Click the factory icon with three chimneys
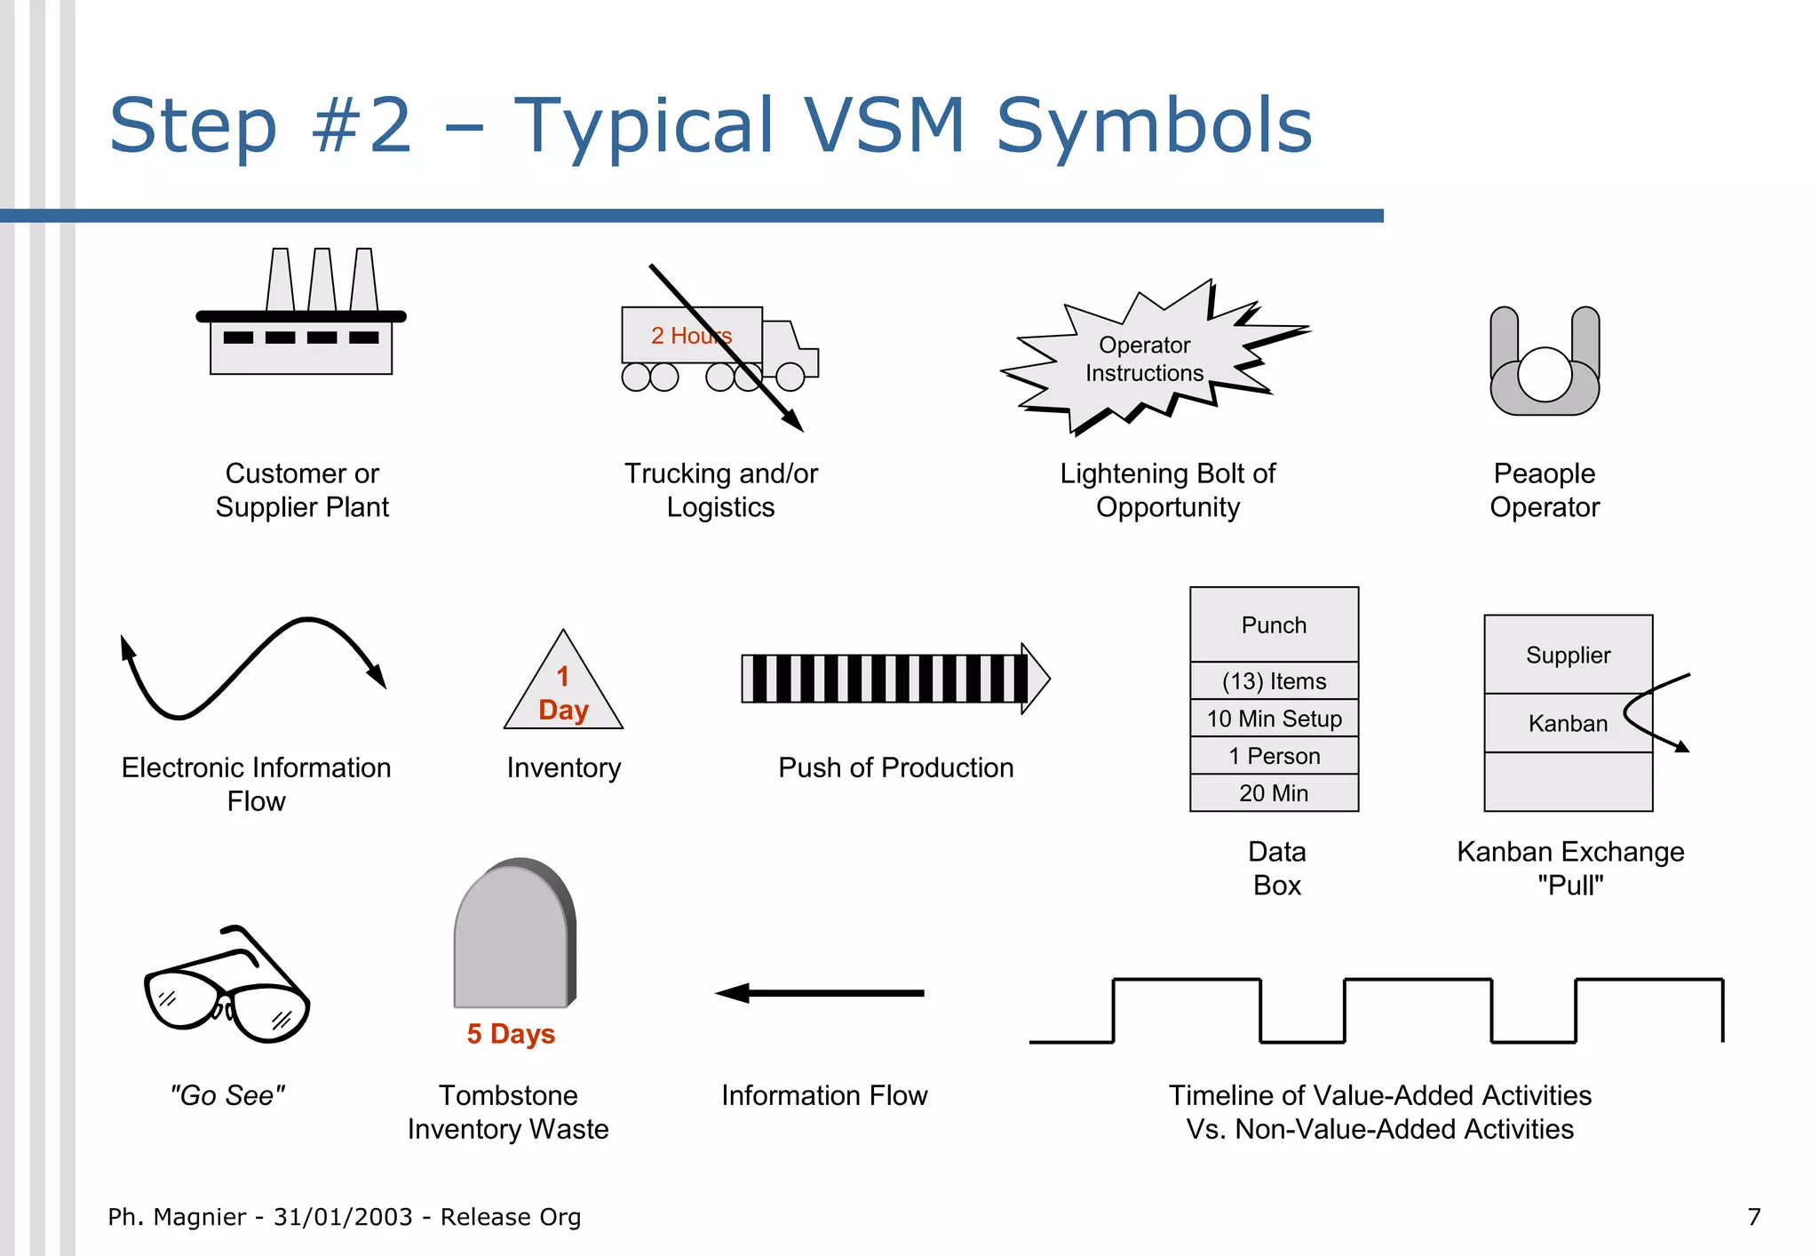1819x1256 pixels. [300, 320]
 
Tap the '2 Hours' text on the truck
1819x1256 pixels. [691, 336]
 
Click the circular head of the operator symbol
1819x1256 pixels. [1545, 374]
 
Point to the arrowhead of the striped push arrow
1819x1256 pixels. [1036, 679]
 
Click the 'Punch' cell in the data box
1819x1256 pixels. [1274, 625]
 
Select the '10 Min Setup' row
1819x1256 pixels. [1274, 719]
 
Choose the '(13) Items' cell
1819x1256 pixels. [1274, 681]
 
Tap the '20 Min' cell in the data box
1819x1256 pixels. [1274, 793]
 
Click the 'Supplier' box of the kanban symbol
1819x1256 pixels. [1568, 655]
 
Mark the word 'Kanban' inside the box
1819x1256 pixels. [1568, 724]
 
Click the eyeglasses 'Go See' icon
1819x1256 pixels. [227, 990]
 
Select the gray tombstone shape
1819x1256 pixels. [513, 938]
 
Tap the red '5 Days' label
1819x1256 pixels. [511, 1034]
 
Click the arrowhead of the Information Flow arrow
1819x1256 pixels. [734, 993]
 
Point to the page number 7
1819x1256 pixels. [1753, 1217]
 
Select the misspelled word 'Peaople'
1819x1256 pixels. [1544, 473]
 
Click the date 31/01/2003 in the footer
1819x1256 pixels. [343, 1217]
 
